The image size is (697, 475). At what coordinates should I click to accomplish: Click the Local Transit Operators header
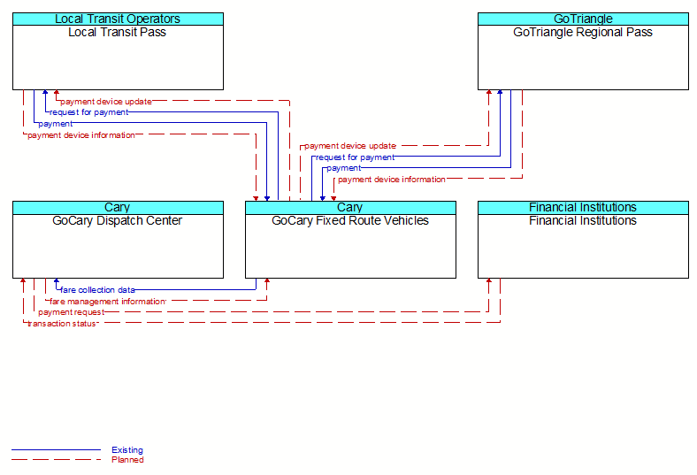point(118,19)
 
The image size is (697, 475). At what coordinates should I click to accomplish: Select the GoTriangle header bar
point(583,19)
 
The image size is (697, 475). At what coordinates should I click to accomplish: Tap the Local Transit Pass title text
point(118,32)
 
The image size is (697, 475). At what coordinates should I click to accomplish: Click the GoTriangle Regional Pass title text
point(583,32)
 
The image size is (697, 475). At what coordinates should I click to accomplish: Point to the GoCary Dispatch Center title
point(118,220)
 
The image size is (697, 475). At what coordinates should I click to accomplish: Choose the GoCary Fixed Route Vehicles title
point(350,220)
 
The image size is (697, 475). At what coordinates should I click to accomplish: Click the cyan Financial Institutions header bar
point(583,208)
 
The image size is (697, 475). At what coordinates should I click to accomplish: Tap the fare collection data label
point(97,290)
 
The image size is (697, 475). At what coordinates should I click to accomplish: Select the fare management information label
point(108,302)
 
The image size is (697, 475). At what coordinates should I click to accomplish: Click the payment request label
point(71,312)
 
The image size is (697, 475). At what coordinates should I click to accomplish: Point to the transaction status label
point(61,324)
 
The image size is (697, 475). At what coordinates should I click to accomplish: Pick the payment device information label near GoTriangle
point(392,180)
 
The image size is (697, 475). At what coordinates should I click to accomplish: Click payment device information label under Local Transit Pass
point(81,135)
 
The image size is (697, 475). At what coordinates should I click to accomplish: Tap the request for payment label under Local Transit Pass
point(89,112)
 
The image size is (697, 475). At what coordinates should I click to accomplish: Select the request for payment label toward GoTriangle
point(356,157)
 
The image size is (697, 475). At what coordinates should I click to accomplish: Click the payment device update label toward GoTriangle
point(350,146)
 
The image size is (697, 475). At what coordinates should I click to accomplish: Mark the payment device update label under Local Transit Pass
point(106,102)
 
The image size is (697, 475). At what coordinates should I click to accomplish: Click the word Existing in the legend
point(127,449)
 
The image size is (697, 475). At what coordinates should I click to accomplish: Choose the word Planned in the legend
point(127,459)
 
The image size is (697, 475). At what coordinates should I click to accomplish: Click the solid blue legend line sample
point(56,449)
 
